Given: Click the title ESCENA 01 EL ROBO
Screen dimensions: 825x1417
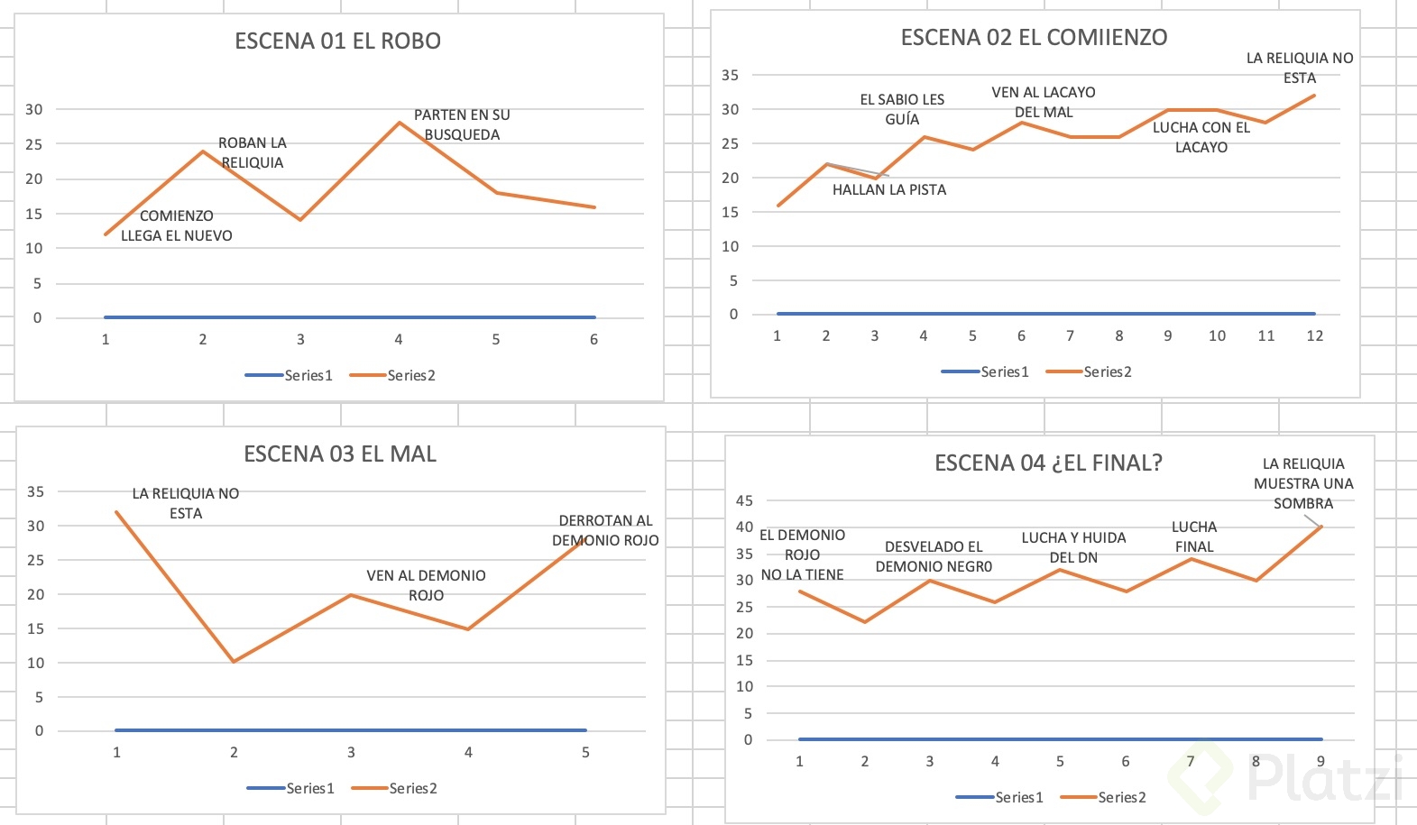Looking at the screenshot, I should (x=337, y=41).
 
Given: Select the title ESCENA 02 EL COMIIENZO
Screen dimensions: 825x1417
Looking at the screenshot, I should (x=1034, y=38).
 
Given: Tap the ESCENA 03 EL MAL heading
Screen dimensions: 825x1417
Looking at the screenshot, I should (x=340, y=454).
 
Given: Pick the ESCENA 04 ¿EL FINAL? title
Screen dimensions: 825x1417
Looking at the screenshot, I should (x=1048, y=463).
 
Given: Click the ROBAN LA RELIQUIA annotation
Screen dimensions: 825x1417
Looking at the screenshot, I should (x=253, y=153).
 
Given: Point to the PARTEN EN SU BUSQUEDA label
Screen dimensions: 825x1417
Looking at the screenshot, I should (x=462, y=125).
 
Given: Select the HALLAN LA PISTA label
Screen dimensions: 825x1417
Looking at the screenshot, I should (x=889, y=190).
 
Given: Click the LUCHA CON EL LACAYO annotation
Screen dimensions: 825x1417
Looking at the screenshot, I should (x=1201, y=138).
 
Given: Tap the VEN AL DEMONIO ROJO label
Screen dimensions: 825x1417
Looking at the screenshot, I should (x=426, y=586).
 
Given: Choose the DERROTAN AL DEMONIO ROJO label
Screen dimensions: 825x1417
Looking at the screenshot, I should (x=605, y=531).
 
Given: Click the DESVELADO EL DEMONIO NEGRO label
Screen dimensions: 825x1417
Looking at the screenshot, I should (x=934, y=557).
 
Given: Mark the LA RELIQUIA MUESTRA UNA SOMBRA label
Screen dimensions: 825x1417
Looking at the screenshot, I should (x=1303, y=484).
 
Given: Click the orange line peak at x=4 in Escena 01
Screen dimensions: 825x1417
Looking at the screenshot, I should (x=399, y=123).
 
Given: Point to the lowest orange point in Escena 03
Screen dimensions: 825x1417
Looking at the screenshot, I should (x=234, y=662).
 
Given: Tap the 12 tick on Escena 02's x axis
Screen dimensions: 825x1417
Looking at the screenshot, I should (x=1315, y=336).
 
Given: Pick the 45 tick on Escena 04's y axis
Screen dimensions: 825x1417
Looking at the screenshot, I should (x=744, y=501).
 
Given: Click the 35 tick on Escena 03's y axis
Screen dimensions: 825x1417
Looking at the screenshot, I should (x=35, y=492).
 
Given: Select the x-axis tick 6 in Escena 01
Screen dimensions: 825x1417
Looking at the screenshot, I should (x=593, y=340).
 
